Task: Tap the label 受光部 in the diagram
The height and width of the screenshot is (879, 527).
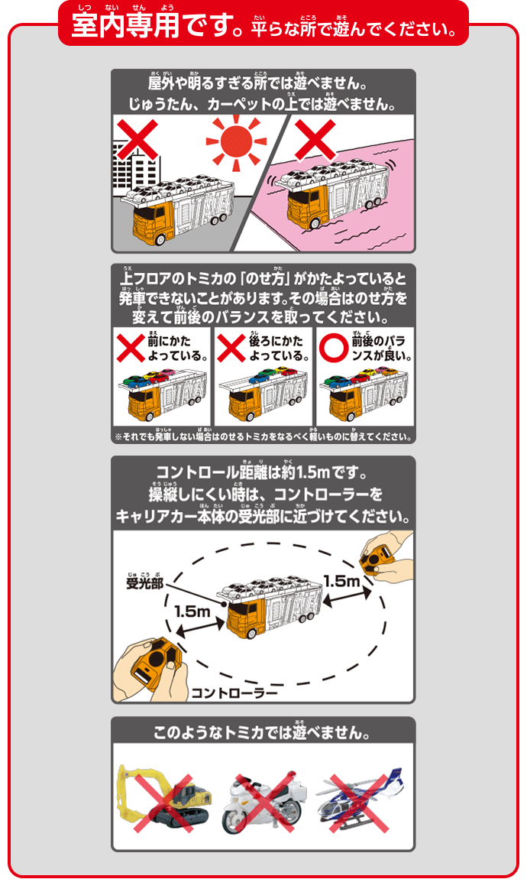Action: (145, 585)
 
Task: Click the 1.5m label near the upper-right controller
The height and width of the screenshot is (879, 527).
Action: (341, 581)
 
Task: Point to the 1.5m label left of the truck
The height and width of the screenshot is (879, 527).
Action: (191, 611)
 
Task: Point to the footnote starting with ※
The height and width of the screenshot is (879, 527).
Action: (263, 437)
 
